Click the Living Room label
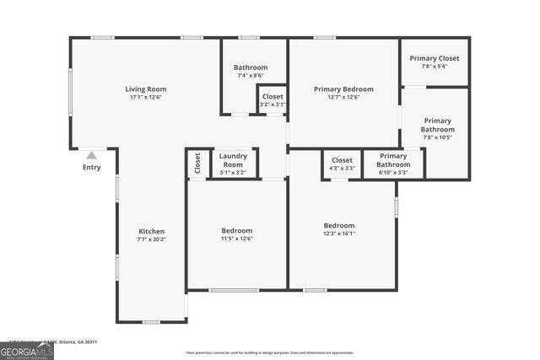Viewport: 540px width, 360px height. (146, 89)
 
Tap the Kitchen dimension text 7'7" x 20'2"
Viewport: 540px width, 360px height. (152, 239)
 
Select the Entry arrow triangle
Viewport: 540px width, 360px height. (91, 155)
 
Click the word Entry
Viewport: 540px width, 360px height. (91, 167)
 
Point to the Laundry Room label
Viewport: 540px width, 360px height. (232, 159)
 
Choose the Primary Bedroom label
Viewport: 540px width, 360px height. (343, 89)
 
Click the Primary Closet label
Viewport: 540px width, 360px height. (435, 58)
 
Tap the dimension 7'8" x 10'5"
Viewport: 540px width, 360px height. (437, 137)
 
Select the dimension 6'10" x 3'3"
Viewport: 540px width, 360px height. (393, 172)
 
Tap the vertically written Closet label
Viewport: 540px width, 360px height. (197, 163)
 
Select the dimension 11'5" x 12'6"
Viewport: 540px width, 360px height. (236, 239)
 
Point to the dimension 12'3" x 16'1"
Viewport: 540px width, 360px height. (339, 234)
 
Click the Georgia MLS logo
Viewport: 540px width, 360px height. (27, 350)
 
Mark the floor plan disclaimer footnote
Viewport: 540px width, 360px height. (269, 352)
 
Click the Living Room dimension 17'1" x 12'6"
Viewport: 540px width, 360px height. (146, 97)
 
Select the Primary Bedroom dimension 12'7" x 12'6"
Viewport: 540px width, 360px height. (343, 97)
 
